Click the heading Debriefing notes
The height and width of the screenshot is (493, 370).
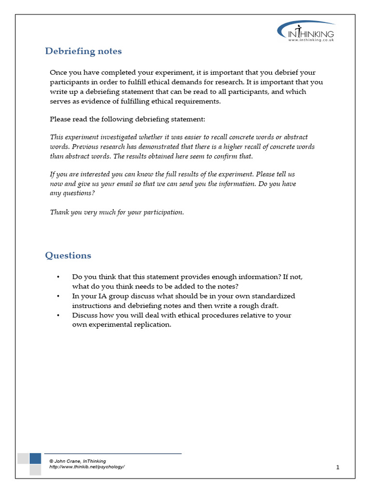83,51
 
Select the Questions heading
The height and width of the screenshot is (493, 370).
68,255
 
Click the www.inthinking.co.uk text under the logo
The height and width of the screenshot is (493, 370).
311,40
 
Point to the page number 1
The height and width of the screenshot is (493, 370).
338,467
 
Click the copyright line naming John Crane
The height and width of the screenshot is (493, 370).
78,461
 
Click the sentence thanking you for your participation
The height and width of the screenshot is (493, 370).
117,212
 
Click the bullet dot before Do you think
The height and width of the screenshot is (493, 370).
58,277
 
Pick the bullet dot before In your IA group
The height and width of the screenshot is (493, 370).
58,296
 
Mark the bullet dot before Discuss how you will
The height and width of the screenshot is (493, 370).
58,315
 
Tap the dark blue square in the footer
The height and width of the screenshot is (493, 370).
35,458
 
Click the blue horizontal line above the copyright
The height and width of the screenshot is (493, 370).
113,454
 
